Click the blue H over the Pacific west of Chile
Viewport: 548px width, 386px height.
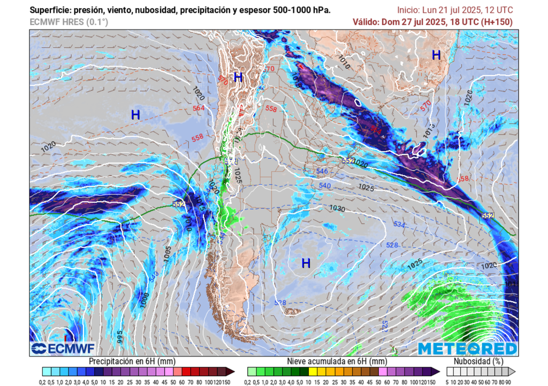click(x=135, y=114)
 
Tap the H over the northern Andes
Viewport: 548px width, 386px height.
click(x=238, y=77)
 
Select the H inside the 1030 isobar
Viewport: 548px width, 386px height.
click(x=306, y=263)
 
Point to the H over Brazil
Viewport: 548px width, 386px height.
click(x=436, y=55)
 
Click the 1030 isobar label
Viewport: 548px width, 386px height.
click(x=337, y=209)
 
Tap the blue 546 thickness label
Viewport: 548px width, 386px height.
click(x=322, y=172)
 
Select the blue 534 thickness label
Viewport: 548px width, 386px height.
click(x=399, y=224)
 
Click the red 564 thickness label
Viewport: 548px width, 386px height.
click(x=199, y=108)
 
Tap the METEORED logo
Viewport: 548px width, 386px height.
click(x=467, y=349)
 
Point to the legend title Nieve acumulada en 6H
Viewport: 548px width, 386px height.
click(x=336, y=361)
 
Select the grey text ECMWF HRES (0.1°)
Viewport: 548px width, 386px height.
click(x=68, y=22)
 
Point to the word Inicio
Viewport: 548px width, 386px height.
click(x=408, y=10)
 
